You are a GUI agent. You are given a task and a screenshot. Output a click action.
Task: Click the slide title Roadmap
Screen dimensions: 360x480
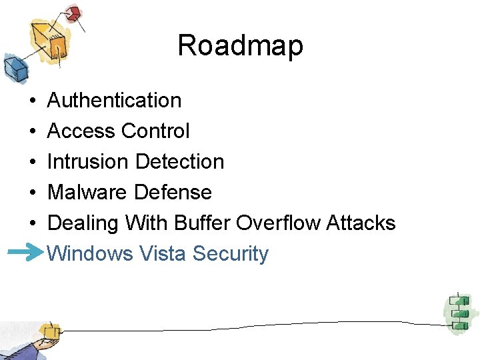coord(240,46)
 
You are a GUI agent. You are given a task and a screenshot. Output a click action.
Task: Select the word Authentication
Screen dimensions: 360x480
coord(115,101)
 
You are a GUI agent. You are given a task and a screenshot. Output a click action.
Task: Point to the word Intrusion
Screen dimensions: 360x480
coord(88,162)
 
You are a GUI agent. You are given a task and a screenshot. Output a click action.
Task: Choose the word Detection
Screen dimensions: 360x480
coord(179,162)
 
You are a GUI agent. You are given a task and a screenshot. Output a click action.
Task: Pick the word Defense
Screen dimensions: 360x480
coord(173,193)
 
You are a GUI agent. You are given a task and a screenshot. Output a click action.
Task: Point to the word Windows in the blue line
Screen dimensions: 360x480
coord(91,254)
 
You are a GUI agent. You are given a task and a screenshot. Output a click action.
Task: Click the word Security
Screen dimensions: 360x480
coord(231,254)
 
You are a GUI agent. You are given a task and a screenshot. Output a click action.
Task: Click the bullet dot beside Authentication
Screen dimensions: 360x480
coord(33,101)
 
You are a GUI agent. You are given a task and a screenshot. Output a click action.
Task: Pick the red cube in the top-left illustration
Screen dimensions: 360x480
coord(73,13)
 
